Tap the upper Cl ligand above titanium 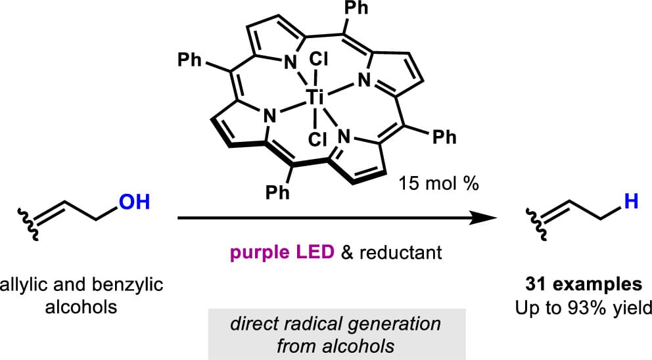[319, 60]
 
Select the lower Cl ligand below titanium [318, 139]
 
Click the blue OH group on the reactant [134, 202]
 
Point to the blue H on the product [631, 202]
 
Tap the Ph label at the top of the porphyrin [356, 8]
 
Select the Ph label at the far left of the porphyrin [189, 60]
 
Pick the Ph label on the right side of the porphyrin [444, 137]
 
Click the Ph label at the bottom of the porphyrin [277, 192]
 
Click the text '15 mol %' [438, 183]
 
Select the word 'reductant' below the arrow [400, 252]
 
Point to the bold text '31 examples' [584, 284]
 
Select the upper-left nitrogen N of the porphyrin [291, 63]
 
